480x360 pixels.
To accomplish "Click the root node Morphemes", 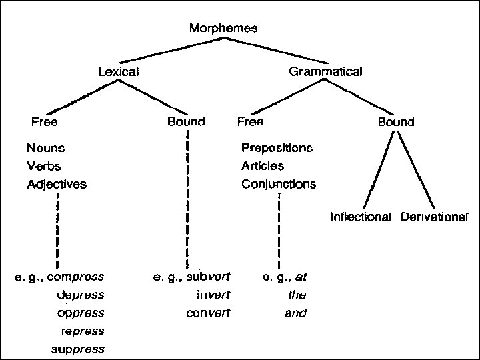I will tap(223, 28).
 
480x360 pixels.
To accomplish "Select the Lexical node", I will tap(118, 71).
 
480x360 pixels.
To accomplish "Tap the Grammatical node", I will tap(325, 71).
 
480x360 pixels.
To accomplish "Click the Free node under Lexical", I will tap(44, 122).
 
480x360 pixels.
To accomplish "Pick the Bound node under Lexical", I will tap(186, 122).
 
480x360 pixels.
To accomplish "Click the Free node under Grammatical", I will tap(250, 122).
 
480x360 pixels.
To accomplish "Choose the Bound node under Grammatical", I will tap(396, 122).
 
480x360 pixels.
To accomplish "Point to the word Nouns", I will tap(45, 147).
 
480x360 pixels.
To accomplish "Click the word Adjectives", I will tap(57, 184).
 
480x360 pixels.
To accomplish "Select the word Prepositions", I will tap(277, 147).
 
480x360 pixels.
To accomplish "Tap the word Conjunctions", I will tap(279, 184).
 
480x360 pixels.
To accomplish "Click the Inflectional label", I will tap(361, 217).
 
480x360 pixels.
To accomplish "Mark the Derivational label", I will tap(434, 217).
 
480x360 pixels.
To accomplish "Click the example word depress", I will tap(81, 294).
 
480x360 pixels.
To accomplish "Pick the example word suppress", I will tap(78, 349).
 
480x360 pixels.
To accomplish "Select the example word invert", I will tap(213, 294).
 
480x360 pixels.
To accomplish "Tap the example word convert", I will tap(208, 313).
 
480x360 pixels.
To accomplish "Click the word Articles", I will tap(262, 166).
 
